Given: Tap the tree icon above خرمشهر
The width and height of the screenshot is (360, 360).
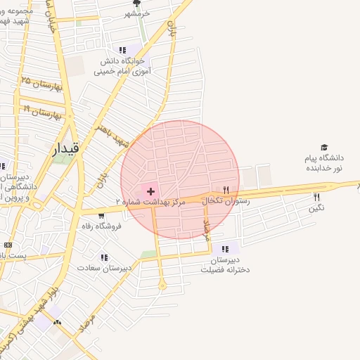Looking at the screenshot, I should [x=136, y=4].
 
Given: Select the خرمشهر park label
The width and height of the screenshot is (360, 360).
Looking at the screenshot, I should [x=137, y=13].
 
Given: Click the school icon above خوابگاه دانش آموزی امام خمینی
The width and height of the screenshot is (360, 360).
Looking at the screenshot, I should [x=124, y=48].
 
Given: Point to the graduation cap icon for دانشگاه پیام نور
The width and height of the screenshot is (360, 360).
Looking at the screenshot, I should [x=324, y=147].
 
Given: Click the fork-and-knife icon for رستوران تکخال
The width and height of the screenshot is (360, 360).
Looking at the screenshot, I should [x=226, y=190].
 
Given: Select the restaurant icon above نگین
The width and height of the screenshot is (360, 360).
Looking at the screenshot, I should [x=316, y=198].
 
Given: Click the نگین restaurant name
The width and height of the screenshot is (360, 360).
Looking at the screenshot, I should [x=316, y=208].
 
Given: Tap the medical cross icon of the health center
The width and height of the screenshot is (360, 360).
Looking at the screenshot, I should [x=150, y=191].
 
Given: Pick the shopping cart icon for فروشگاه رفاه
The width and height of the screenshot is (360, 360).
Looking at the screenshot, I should [x=102, y=215].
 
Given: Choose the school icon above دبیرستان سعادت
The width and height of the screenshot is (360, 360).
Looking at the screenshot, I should [x=105, y=257].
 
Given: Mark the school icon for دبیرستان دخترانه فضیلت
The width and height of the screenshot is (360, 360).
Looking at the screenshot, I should [x=225, y=248].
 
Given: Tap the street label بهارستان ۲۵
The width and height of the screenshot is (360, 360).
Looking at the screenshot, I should [x=42, y=85].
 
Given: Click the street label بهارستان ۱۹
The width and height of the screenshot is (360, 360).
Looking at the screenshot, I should [x=42, y=111].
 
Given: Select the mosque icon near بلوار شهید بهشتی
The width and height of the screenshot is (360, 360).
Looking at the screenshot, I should [x=57, y=322].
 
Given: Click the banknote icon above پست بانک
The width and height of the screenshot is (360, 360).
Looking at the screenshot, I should [x=8, y=245].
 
